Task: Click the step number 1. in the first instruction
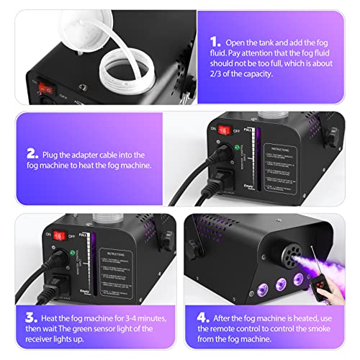215,42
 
